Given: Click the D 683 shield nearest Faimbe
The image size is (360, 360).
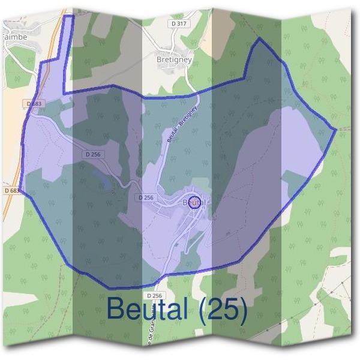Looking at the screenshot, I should pos(35,104).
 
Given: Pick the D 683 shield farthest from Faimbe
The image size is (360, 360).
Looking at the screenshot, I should pos(11,190).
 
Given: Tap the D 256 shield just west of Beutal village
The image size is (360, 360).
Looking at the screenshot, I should pos(146,197).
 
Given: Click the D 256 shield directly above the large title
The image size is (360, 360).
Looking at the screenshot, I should pos(154,296).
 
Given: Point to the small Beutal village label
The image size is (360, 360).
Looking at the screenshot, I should pos(194,203).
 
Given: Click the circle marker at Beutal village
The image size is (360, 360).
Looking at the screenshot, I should pos(194,202).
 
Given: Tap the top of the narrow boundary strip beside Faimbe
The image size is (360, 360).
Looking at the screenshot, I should pos(68,16).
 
